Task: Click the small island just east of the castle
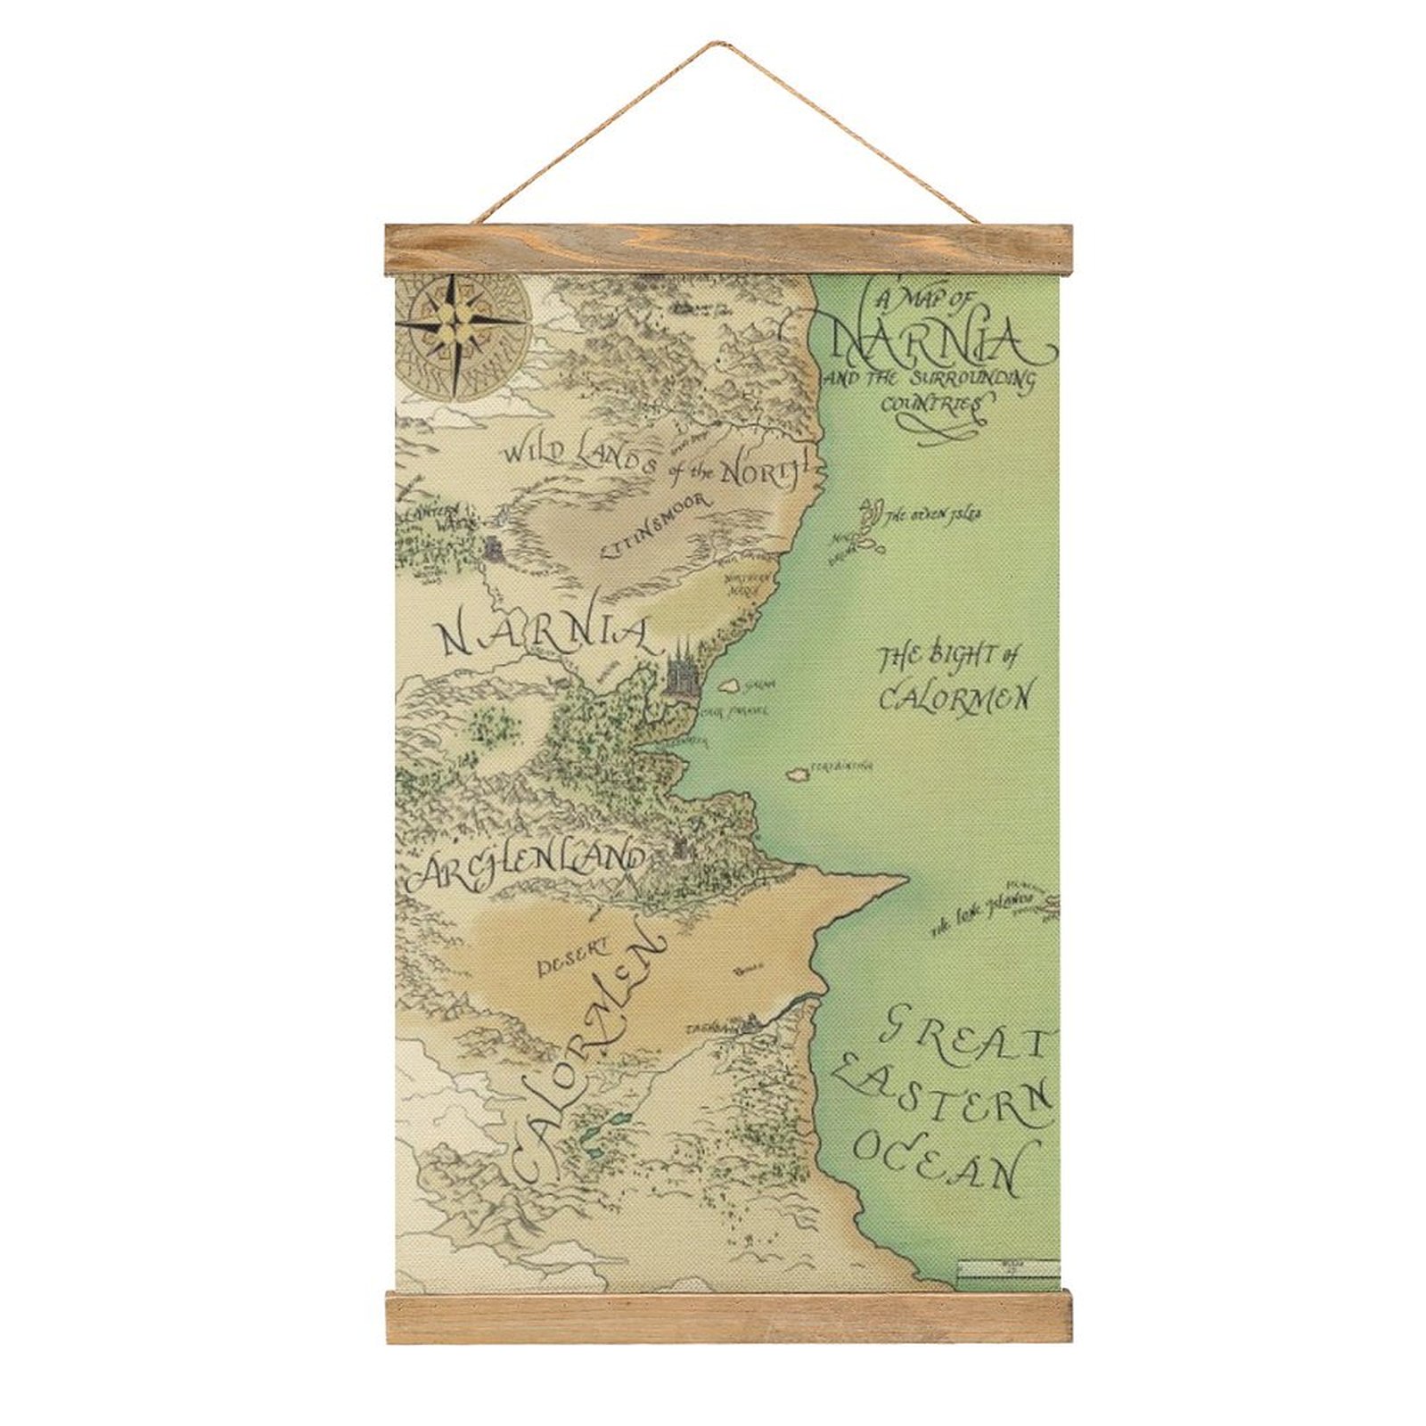point(730,685)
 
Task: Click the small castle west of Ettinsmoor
point(492,548)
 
